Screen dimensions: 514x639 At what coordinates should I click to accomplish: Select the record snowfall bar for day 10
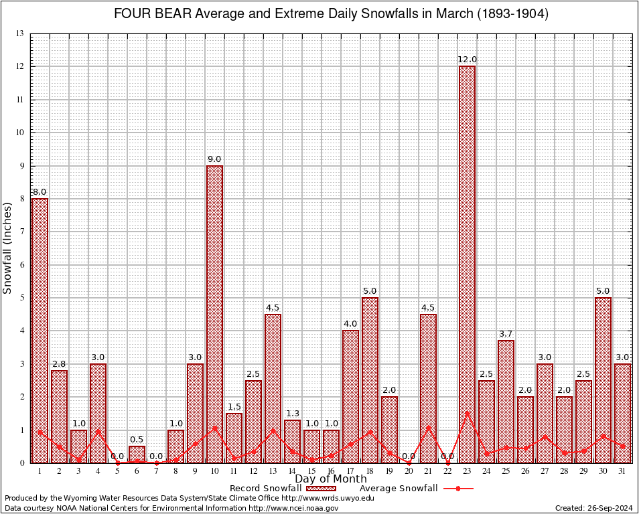(214, 314)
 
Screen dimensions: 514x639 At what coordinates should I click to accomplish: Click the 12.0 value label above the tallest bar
(467, 60)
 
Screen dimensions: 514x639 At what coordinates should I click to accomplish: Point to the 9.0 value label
(214, 159)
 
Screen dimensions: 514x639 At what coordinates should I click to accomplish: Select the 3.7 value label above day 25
(506, 333)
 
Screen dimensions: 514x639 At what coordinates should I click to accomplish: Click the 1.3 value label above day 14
(292, 414)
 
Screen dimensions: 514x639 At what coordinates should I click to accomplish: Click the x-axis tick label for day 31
(622, 471)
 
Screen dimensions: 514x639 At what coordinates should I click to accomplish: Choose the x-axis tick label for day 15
(311, 471)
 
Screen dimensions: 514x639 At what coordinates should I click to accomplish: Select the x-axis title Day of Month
(331, 479)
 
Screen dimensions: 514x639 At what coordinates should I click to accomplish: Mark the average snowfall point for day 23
(467, 413)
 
